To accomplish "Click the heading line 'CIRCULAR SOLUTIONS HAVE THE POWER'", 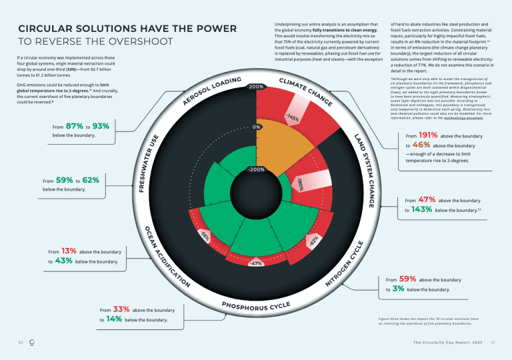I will point(127,29).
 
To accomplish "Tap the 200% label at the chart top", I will point(256,87).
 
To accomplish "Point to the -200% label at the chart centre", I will point(256,169).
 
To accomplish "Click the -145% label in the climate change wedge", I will point(291,118).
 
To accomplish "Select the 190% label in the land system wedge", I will point(301,183).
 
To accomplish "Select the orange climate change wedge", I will point(273,147).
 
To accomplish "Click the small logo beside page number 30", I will point(33,343).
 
